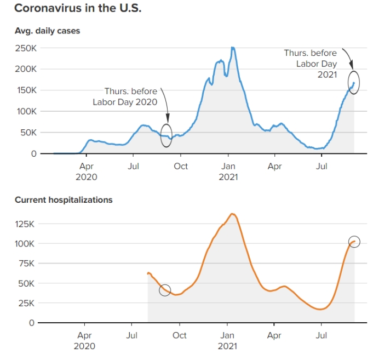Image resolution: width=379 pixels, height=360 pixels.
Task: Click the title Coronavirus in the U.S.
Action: [78, 8]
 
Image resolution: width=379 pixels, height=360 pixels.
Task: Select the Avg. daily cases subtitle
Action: [47, 31]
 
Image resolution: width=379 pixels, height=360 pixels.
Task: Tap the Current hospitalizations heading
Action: [64, 200]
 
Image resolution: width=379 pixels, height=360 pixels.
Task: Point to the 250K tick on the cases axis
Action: [26, 48]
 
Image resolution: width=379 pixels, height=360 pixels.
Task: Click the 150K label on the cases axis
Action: [27, 90]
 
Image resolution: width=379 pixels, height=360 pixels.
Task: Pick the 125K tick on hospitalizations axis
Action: [25, 224]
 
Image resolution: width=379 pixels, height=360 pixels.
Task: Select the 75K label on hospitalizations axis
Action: [26, 264]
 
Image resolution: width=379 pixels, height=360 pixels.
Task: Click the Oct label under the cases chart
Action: [181, 167]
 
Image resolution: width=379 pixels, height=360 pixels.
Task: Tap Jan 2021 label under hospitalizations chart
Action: [227, 341]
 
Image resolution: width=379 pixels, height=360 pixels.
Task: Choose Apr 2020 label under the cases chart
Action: [87, 172]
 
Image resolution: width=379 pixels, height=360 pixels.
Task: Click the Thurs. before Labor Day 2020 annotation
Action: [125, 96]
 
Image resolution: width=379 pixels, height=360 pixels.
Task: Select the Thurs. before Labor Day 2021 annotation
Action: [311, 64]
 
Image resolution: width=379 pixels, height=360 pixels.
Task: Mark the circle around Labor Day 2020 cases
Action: [161, 135]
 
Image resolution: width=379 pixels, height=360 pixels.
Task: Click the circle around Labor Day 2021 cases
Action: [348, 82]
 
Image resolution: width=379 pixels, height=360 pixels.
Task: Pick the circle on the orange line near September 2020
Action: [159, 290]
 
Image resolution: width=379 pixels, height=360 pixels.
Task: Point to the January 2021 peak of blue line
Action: [233, 48]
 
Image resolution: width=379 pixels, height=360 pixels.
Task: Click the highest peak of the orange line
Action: [232, 214]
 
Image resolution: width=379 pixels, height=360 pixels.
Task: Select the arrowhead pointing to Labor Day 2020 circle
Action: [168, 118]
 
